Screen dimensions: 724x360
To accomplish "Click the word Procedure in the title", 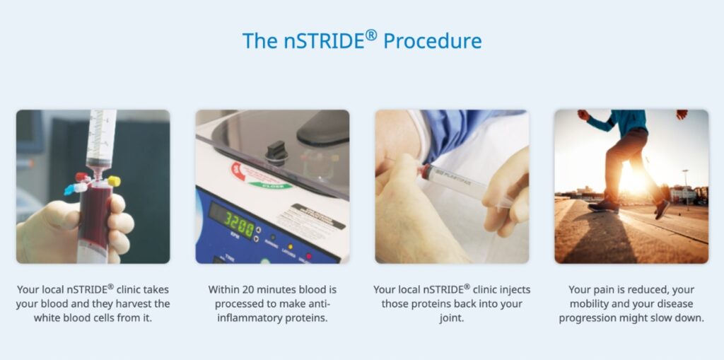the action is (432, 40).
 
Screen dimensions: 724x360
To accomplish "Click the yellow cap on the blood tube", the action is (114, 181).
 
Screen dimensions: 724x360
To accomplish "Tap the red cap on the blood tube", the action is (81, 177).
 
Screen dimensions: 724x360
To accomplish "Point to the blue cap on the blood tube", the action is (70, 190).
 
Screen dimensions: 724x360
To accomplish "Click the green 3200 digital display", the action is (239, 225).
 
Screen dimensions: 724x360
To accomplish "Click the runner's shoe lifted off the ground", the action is (662, 209).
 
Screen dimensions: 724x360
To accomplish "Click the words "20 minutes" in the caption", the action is (266, 290).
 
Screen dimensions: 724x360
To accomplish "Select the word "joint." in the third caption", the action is (452, 318).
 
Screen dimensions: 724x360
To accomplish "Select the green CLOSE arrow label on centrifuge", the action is (271, 185).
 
